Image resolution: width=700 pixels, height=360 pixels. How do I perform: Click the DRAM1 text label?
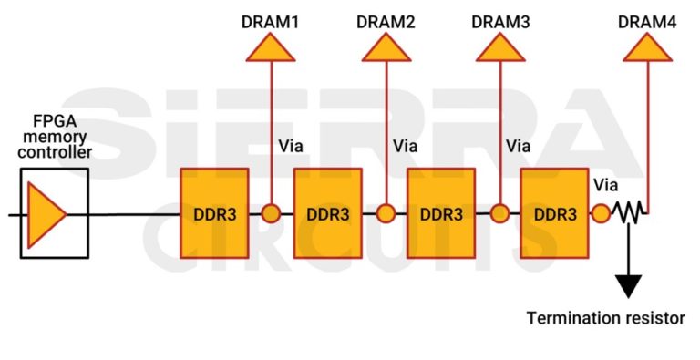coord(270,23)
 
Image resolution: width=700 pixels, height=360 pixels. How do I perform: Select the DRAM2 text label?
coord(386,23)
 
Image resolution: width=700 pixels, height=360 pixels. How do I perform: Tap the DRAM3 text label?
coord(500,23)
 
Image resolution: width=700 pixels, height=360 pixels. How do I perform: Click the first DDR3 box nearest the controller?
coord(214,214)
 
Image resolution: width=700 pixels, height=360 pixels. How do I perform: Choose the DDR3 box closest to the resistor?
coord(554,214)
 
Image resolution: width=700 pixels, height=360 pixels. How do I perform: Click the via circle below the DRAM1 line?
coord(271,214)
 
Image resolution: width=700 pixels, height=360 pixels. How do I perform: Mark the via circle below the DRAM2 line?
coord(386,214)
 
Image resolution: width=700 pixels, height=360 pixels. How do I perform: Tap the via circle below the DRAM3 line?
coord(499,214)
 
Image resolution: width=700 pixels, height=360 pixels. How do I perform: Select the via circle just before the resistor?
coord(602,214)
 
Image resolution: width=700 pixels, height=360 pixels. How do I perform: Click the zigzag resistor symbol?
coord(629,214)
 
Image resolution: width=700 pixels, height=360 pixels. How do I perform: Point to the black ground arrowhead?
coord(629,285)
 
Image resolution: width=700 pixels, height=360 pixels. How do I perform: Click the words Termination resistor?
coord(605,318)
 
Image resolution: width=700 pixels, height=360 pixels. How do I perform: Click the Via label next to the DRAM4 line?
coord(605,186)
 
